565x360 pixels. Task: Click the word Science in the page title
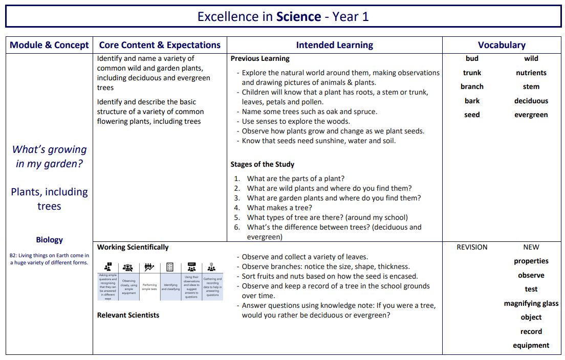298,16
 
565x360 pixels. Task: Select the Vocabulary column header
502,45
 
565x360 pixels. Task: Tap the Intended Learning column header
334,45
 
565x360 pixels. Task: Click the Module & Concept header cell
49,45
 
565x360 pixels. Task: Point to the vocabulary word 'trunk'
472,73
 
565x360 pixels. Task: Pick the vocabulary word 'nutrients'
531,73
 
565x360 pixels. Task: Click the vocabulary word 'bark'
472,101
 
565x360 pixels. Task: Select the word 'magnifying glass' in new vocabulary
531,303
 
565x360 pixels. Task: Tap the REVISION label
472,247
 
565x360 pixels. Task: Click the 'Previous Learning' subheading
260,58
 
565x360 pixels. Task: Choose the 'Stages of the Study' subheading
262,164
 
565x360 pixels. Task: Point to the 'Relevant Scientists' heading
128,315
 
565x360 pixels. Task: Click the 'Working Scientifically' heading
133,247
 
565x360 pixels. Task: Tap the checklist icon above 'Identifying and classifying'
170,267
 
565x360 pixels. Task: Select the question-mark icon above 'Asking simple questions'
108,266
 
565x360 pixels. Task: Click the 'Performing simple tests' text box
149,286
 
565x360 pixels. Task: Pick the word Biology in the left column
49,239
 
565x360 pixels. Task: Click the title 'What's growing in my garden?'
49,156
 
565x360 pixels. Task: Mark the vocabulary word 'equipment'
531,345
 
